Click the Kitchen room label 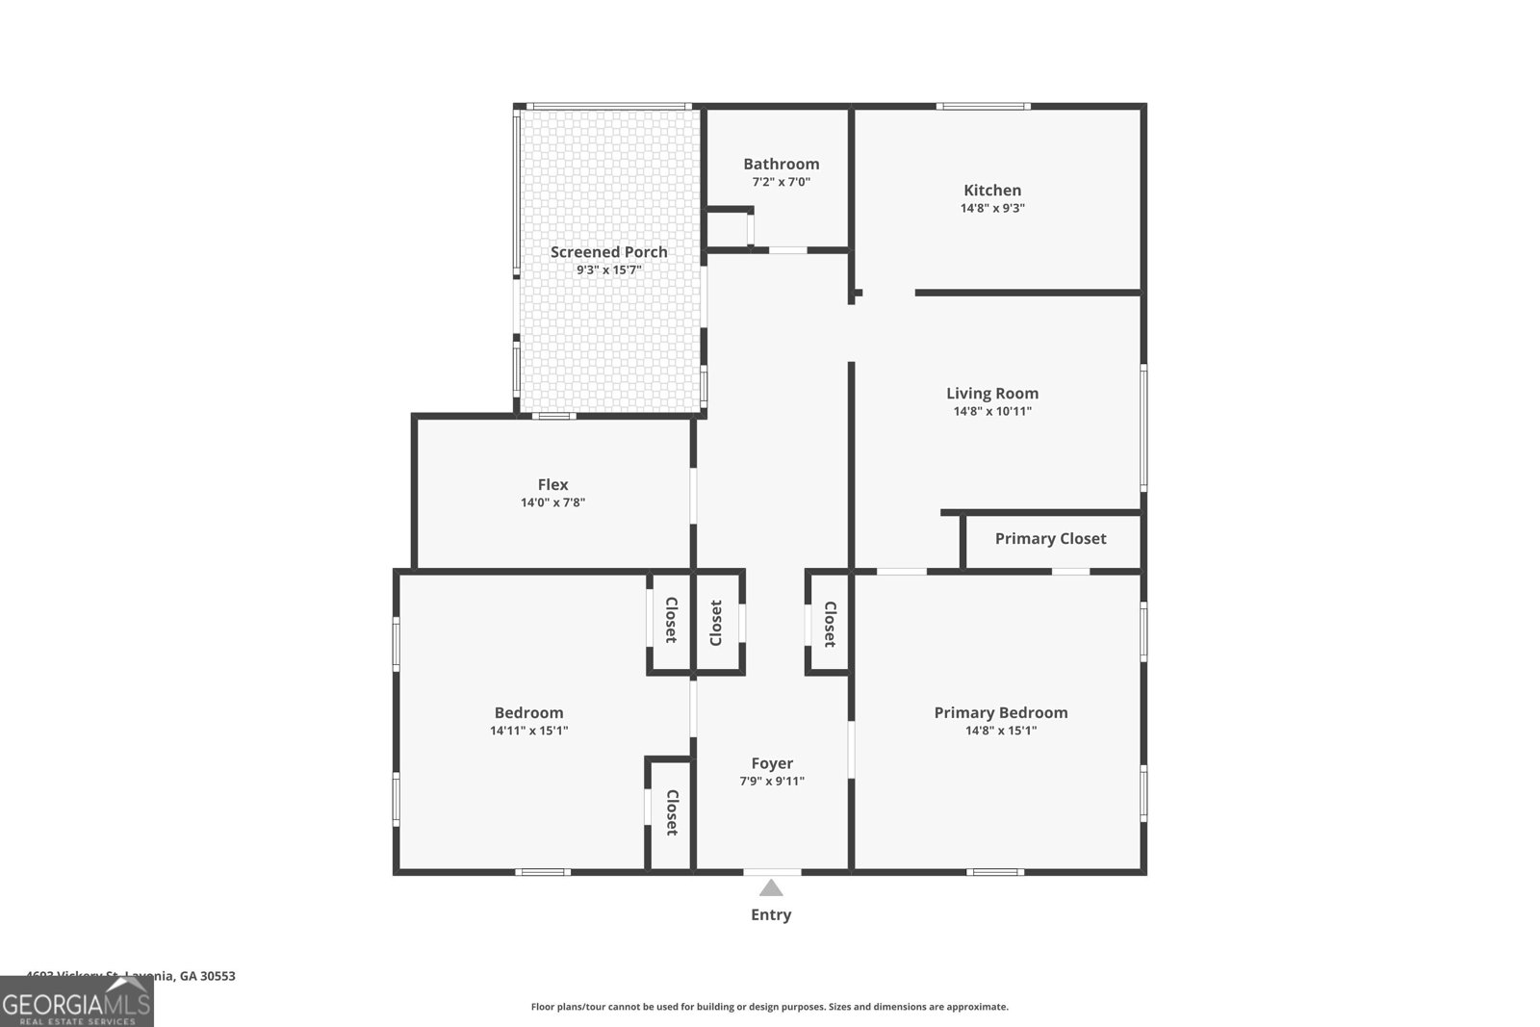pos(992,191)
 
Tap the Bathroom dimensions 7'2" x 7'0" pos(781,182)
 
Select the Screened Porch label pos(608,252)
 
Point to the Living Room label pos(992,393)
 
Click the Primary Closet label pos(1050,539)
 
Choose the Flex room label pos(552,485)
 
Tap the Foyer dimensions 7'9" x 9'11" pos(772,782)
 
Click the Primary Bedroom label pos(1001,713)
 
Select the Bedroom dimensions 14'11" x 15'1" pos(528,731)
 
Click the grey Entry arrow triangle pos(771,888)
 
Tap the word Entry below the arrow pos(771,915)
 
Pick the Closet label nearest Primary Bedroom pos(830,624)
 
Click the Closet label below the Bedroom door pos(672,812)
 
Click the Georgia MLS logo pos(77,1002)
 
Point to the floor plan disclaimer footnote pos(770,1007)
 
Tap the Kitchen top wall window pos(983,106)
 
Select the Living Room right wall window pos(1143,427)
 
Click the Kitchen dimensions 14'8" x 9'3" pos(992,208)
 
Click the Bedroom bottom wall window pos(542,872)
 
